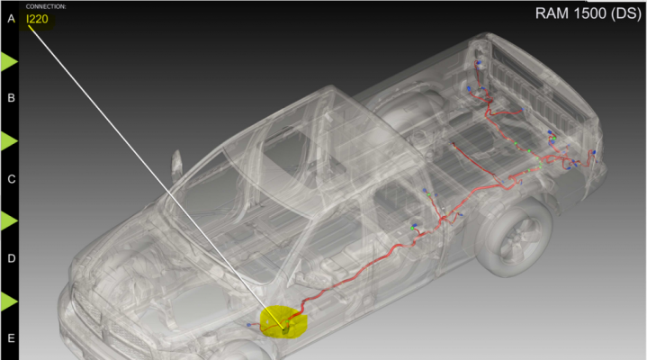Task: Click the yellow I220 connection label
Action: pyautogui.click(x=37, y=19)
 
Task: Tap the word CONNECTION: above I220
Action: pyautogui.click(x=46, y=6)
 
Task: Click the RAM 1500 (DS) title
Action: pyautogui.click(x=588, y=13)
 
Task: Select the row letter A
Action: pyautogui.click(x=11, y=19)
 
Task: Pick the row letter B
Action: pyautogui.click(x=11, y=98)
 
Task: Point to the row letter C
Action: pyautogui.click(x=11, y=179)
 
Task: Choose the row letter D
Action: pyautogui.click(x=11, y=258)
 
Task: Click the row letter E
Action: pyautogui.click(x=11, y=338)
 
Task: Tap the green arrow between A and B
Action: pyautogui.click(x=8, y=61)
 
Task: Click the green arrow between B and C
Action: pyautogui.click(x=8, y=141)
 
